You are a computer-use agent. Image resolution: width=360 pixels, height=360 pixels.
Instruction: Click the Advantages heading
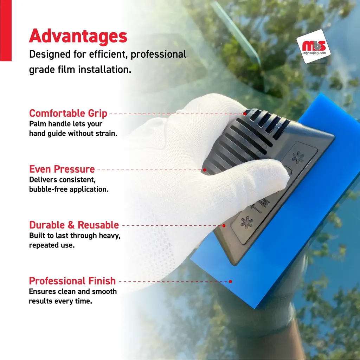(78, 36)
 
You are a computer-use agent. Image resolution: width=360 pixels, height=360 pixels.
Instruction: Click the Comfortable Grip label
(68, 114)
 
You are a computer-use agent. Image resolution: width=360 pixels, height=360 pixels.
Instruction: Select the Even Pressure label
(62, 169)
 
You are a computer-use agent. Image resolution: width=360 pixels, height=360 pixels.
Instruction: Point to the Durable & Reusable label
(74, 225)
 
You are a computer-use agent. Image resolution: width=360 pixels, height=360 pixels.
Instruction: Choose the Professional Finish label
(72, 281)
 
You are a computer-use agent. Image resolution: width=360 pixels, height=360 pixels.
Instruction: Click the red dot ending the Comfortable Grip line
(245, 114)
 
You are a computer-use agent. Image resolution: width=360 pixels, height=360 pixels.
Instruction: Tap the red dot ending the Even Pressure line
(204, 170)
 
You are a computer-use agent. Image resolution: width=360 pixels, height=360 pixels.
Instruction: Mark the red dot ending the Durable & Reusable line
(224, 226)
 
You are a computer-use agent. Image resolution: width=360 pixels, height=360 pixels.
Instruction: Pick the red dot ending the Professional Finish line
(230, 282)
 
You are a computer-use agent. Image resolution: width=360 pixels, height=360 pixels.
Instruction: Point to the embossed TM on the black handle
(261, 205)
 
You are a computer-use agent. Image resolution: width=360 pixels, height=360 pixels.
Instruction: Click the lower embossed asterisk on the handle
(247, 222)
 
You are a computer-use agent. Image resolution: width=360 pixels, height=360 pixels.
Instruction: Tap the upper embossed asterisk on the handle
(298, 157)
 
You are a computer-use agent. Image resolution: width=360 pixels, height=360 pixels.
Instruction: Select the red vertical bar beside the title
(6, 31)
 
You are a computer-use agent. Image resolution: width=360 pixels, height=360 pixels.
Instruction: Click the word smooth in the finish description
(104, 291)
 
